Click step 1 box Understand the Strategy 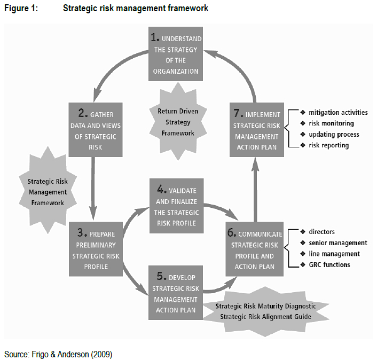(175, 54)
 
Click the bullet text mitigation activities (338, 113)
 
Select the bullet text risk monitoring (332, 123)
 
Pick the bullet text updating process (334, 134)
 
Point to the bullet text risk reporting (329, 145)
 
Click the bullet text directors (321, 232)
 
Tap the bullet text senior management (337, 242)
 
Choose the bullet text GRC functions (329, 264)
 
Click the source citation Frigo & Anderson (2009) (59, 354)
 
